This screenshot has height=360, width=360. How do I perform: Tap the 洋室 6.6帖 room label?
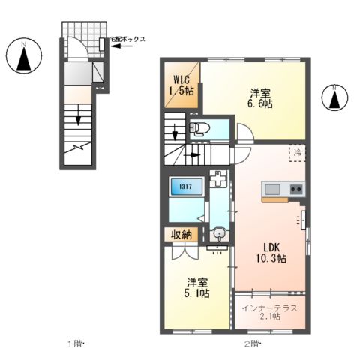pyautogui.click(x=260, y=98)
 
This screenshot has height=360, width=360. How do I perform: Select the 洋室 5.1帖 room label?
pyautogui.click(x=197, y=289)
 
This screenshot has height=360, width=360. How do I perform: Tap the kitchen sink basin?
pyautogui.click(x=271, y=188)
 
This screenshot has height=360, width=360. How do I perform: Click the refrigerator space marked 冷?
pyautogui.click(x=298, y=152)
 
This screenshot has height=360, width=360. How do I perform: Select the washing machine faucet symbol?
pyautogui.click(x=217, y=181)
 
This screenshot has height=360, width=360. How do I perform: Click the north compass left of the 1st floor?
pyautogui.click(x=24, y=58)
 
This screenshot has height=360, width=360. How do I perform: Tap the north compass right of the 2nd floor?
pyautogui.click(x=334, y=96)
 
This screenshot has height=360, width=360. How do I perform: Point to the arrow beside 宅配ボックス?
pyautogui.click(x=122, y=47)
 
